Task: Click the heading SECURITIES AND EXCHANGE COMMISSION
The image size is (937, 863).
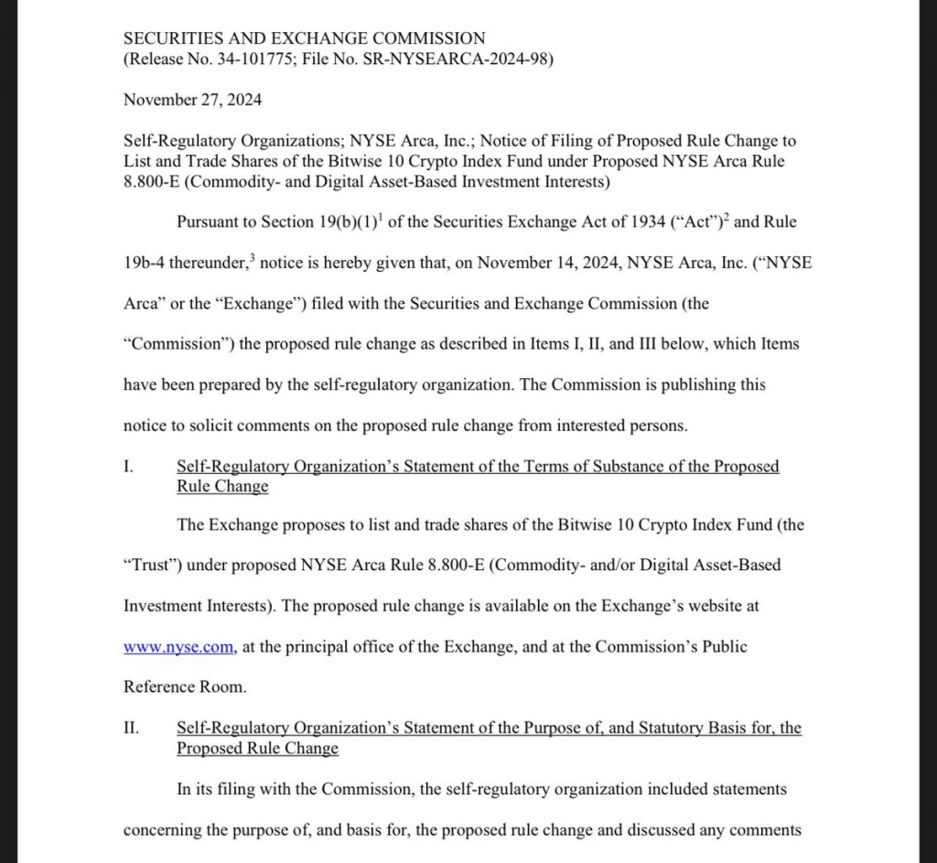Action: coord(304,38)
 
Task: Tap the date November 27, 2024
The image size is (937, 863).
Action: coord(192,100)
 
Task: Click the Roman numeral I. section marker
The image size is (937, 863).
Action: coord(129,467)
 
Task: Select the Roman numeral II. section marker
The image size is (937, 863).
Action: coord(131,728)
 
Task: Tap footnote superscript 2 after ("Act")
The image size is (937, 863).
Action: coord(727,217)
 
